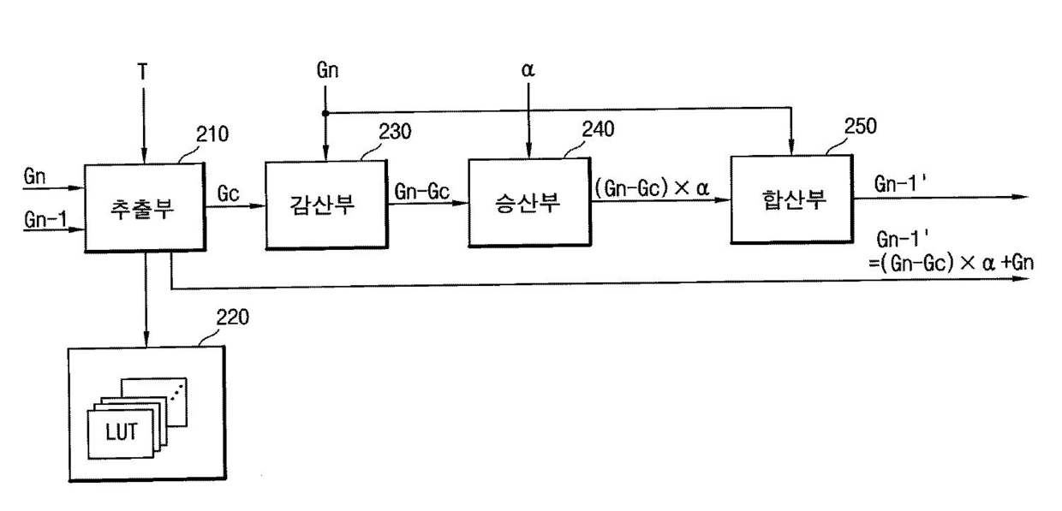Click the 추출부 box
pyautogui.click(x=143, y=208)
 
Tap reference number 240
pyautogui.click(x=598, y=130)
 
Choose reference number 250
pyautogui.click(x=859, y=126)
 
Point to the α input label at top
pyautogui.click(x=528, y=70)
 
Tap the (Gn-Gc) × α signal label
pyautogui.click(x=652, y=187)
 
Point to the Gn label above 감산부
pyautogui.click(x=326, y=71)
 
